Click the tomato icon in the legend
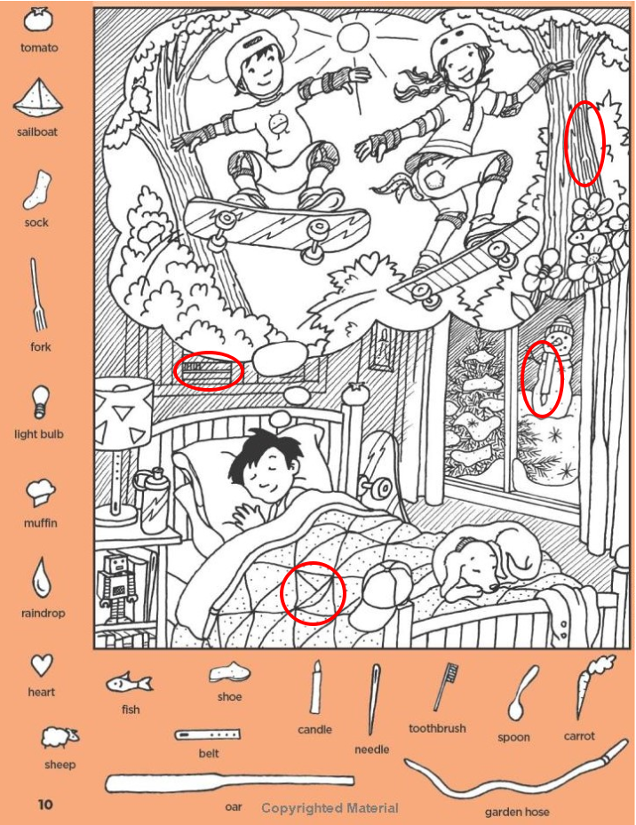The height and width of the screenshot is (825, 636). click(38, 21)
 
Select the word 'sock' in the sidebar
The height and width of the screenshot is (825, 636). click(36, 223)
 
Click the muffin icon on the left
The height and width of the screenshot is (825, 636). click(40, 492)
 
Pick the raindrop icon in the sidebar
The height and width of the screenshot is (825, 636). click(42, 578)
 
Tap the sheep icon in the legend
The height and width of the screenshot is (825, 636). click(60, 738)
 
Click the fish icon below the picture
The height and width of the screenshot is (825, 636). click(129, 684)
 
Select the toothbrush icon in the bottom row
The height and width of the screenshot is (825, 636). click(445, 687)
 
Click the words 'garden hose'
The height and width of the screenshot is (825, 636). click(517, 812)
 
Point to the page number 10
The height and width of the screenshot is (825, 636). click(45, 805)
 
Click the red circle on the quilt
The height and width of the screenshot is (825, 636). click(312, 593)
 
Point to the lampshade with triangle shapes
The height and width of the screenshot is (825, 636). click(123, 412)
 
